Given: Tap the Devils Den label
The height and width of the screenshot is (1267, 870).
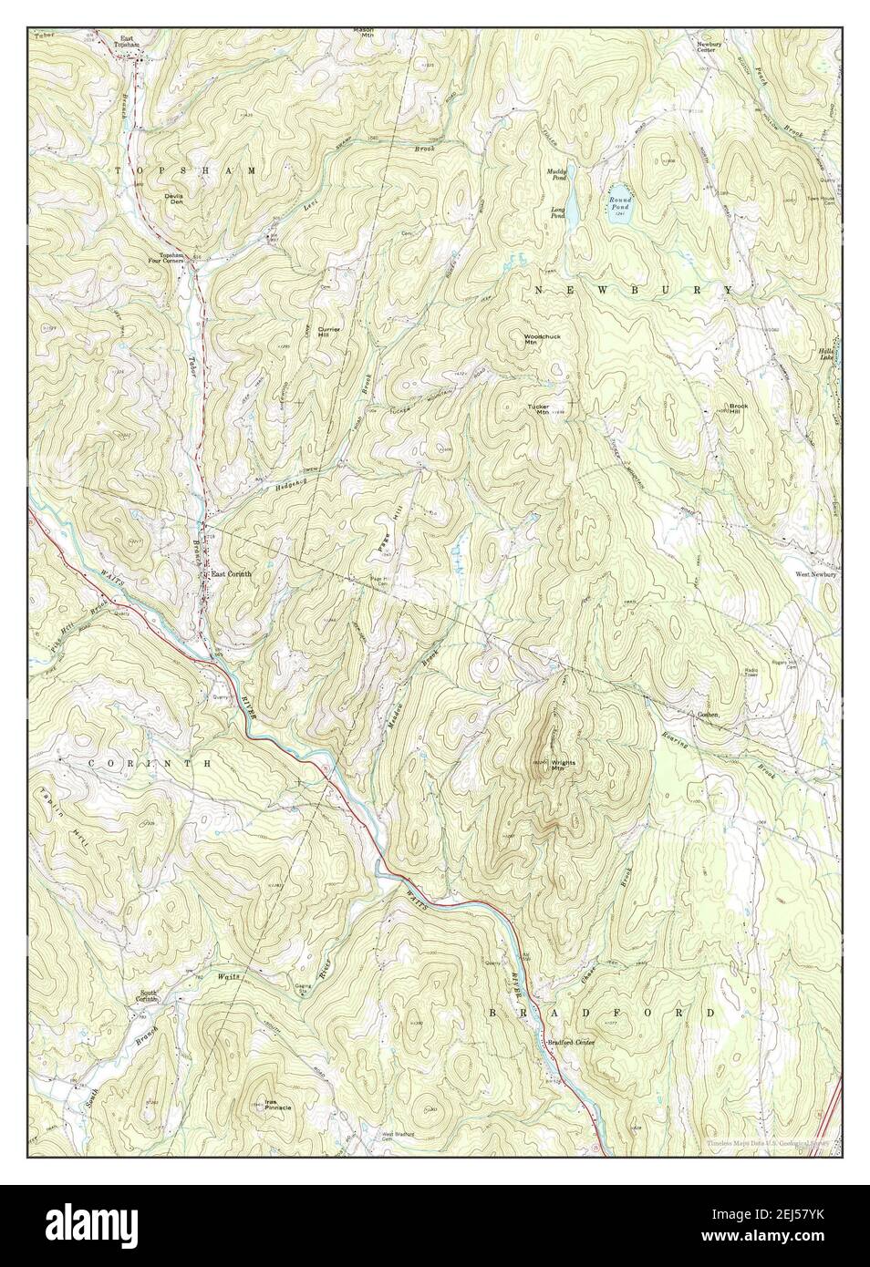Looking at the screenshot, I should click(x=173, y=198).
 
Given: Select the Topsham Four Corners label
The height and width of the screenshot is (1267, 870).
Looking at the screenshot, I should click(x=172, y=258).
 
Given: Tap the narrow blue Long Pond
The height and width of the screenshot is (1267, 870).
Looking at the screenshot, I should click(x=569, y=201).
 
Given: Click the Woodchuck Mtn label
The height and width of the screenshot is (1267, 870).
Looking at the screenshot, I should click(x=541, y=340).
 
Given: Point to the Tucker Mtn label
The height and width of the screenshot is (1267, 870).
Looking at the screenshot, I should click(x=538, y=409).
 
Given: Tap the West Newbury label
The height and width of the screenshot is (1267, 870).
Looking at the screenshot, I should click(x=815, y=575).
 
